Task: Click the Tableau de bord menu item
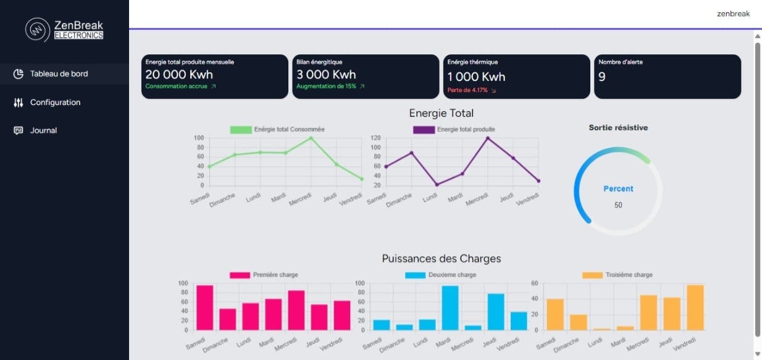coord(59,74)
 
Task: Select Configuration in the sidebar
coord(55,103)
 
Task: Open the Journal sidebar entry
coord(43,130)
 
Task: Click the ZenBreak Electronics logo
coord(64,30)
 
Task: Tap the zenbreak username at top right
coord(733,14)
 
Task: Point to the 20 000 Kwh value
coord(179,75)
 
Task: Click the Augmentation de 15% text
coord(326,86)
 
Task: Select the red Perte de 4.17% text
coord(467,90)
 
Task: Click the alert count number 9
coord(602,77)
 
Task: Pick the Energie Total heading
coord(441,113)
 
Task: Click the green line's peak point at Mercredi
coord(311,138)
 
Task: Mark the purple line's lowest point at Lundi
coord(437,184)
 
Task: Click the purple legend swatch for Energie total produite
coord(423,130)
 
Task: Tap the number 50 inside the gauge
coord(618,205)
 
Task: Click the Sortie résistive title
coord(618,128)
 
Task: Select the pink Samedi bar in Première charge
coord(205,308)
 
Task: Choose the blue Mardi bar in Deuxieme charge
coord(450,308)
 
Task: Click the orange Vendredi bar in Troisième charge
coord(695,308)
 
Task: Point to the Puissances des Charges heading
coord(441,259)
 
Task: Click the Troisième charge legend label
coord(629,275)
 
